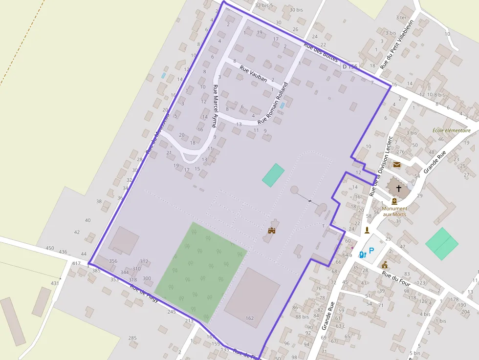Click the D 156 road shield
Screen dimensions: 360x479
click(350, 66)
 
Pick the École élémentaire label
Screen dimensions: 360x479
click(452, 130)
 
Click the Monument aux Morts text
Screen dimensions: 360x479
click(394, 212)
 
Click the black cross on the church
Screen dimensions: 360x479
click(399, 188)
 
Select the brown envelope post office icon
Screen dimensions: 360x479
click(397, 165)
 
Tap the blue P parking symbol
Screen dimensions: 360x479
click(371, 251)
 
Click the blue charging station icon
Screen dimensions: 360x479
click(362, 254)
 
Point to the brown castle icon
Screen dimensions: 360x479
click(272, 230)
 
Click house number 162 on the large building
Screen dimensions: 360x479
click(250, 318)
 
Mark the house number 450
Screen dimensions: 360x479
click(50, 248)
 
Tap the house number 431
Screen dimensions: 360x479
click(55, 283)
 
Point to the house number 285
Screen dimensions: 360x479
click(132, 338)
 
